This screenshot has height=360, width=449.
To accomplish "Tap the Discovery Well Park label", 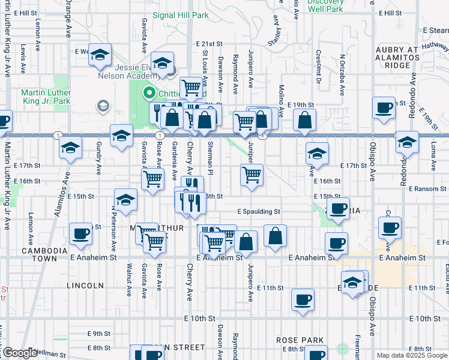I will click(326, 5).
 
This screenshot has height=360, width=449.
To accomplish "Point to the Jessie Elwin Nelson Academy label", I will click(130, 71).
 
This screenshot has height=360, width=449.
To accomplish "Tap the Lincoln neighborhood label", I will click(85, 286).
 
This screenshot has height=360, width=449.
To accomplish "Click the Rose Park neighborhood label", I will click(300, 340).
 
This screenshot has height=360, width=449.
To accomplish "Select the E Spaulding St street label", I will click(259, 212).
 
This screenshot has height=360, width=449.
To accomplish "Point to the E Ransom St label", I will click(428, 188).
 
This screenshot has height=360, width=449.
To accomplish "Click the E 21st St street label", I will click(209, 44).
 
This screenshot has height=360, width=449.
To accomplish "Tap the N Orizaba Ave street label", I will click(343, 73).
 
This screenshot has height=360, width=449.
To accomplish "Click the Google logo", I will click(19, 353).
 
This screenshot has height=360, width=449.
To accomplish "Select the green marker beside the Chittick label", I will click(148, 94).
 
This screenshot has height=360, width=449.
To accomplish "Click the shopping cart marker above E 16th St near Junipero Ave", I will click(252, 175).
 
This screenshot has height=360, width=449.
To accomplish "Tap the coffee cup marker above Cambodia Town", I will click(80, 235).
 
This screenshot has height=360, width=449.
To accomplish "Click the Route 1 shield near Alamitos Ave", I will click(57, 134).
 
